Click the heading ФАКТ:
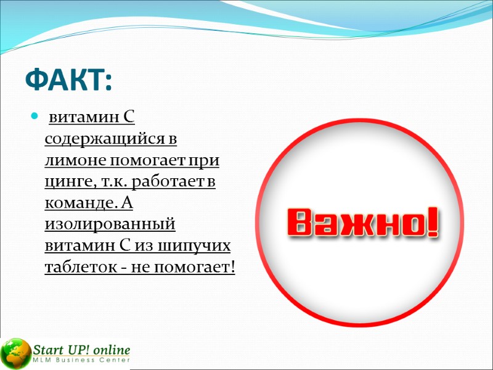click(x=69, y=80)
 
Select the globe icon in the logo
click(x=15, y=353)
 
